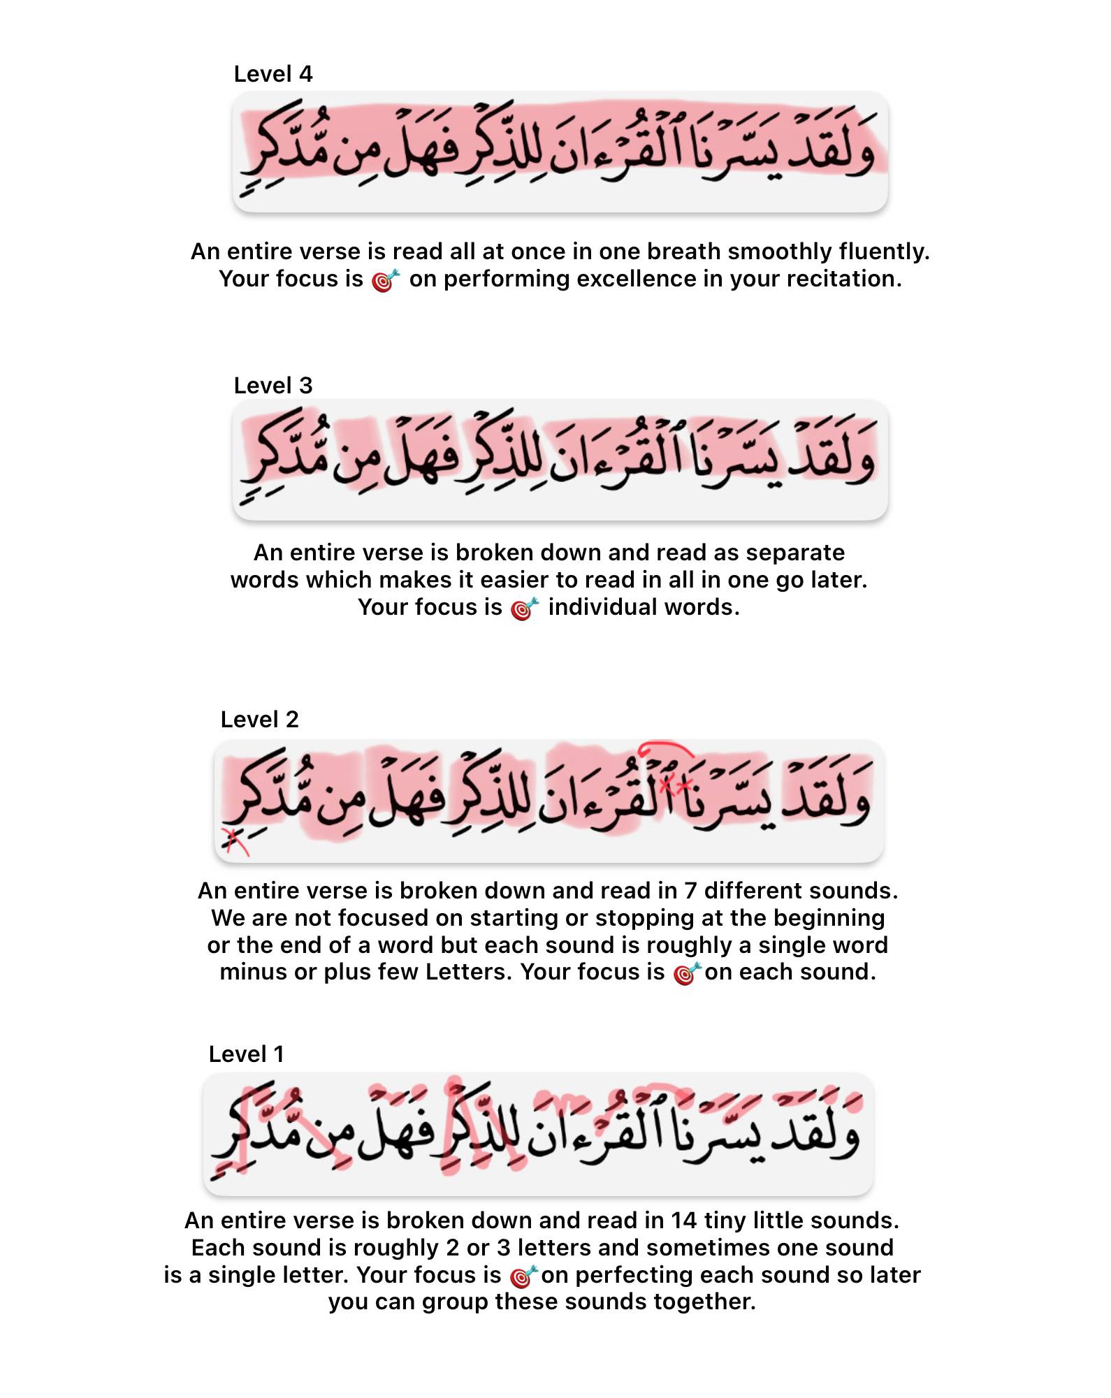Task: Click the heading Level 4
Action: tap(273, 74)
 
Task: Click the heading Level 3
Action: tap(273, 386)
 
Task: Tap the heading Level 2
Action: tap(259, 720)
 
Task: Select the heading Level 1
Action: tap(246, 1054)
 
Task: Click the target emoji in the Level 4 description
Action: tap(386, 280)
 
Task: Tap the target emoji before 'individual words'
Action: tap(525, 609)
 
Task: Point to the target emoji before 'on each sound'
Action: tap(687, 973)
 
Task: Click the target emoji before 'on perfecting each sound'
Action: tap(524, 1276)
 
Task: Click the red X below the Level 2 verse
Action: tap(234, 840)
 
